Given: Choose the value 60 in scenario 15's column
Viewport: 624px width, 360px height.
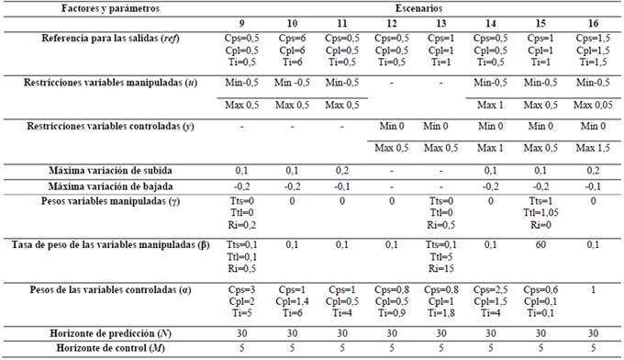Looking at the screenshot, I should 540,244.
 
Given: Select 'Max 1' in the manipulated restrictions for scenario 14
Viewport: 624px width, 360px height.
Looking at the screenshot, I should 491,104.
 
